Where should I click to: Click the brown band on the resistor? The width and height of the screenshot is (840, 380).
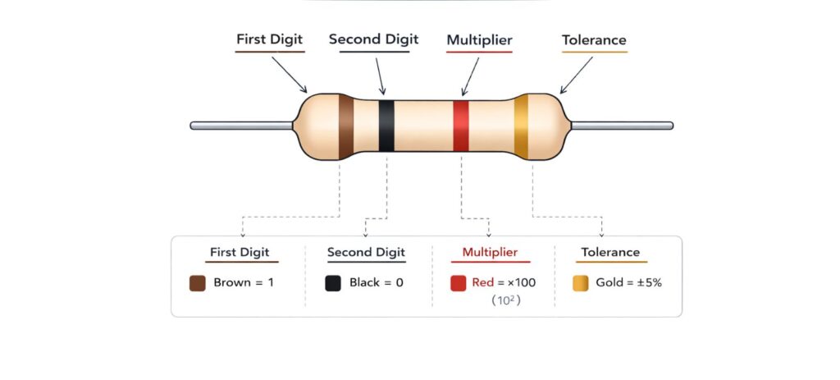[x=346, y=126]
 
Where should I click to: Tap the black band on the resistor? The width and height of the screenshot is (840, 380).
[x=386, y=126]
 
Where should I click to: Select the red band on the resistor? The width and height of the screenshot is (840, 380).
[x=461, y=126]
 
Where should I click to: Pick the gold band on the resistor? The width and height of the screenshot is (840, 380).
[x=521, y=126]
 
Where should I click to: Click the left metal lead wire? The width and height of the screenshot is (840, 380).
[x=241, y=126]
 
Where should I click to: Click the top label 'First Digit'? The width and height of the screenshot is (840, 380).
[x=270, y=39]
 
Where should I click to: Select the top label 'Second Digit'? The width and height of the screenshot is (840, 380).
[x=373, y=39]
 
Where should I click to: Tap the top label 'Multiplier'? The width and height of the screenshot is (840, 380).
[x=479, y=40]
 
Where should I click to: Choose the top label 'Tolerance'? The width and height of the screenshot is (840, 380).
[x=594, y=40]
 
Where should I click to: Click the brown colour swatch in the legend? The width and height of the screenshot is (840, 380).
[x=197, y=283]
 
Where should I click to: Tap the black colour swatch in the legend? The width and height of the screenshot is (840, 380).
[x=333, y=283]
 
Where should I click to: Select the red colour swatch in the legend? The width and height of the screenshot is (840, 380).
[x=459, y=283]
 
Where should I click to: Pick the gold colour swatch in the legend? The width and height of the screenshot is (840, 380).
[x=580, y=283]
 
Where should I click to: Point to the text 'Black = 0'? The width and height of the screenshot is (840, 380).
[x=377, y=283]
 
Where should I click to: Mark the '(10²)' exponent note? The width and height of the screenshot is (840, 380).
[x=506, y=301]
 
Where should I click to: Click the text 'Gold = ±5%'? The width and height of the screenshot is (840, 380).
[x=628, y=283]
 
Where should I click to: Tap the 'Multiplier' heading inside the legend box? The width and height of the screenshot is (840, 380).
[x=490, y=253]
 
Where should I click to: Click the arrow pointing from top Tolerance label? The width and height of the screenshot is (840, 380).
[x=576, y=75]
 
